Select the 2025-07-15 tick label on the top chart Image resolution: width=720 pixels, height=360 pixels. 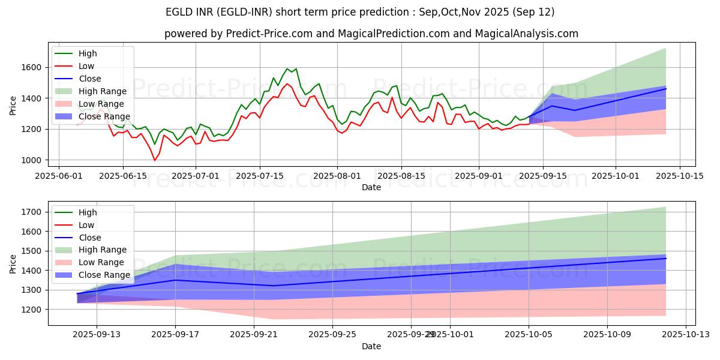(260, 176)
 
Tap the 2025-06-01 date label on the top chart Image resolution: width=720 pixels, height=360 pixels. (59, 176)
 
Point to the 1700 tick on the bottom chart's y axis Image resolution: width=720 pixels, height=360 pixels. (31, 212)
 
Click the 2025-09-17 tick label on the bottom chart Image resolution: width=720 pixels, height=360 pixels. (175, 334)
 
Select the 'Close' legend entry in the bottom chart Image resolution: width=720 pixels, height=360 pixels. (89, 237)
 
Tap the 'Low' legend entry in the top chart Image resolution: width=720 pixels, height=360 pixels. (86, 66)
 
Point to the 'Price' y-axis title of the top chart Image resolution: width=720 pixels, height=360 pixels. (13, 105)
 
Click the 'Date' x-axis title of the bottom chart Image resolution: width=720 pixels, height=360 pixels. (371, 346)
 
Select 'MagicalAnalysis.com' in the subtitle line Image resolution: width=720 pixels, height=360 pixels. (526, 34)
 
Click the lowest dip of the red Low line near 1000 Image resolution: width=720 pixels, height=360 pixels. (155, 160)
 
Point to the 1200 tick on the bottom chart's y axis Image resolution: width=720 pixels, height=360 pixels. (31, 309)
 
